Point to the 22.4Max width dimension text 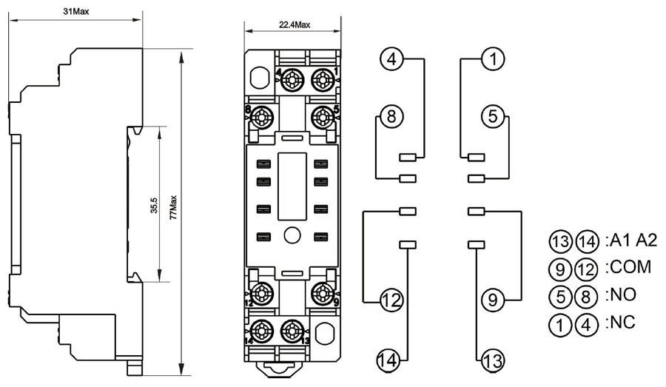tap(295, 24)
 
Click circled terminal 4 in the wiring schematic tap(393, 58)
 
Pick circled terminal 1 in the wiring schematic tap(494, 58)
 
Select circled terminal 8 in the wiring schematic tap(393, 115)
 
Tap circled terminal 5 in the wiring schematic tap(494, 115)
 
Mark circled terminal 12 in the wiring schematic tap(391, 300)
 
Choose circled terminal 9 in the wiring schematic tap(494, 300)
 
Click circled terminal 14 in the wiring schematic tap(391, 360)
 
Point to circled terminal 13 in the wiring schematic tap(494, 361)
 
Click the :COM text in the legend tap(628, 266)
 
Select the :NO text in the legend tap(621, 295)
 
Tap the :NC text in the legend tap(621, 323)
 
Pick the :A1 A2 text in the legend tap(630, 238)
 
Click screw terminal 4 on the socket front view tap(292, 78)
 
